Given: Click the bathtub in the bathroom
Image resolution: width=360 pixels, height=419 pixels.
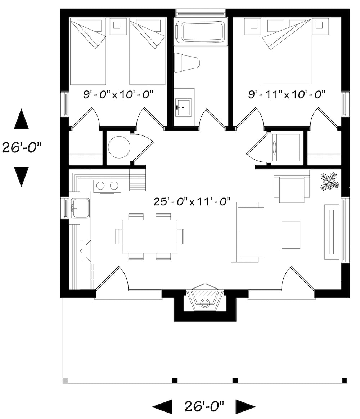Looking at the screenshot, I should pos(201,32).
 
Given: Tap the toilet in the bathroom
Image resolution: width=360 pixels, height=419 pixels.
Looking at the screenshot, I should pos(186,63).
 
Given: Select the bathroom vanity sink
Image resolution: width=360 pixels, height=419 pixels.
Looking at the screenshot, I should pos(183,107).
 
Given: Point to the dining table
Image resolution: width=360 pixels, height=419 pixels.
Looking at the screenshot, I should pos(149,236).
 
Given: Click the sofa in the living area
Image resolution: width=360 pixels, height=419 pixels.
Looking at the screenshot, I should pos(248,232).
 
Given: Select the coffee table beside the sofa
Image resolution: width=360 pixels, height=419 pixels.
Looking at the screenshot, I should pos(291,235).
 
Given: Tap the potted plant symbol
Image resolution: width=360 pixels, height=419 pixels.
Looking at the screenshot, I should pos(329,181).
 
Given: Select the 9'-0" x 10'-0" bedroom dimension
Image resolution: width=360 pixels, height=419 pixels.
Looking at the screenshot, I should pos(118,95).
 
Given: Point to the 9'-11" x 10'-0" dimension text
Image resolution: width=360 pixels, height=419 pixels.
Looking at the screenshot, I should pos(287,95).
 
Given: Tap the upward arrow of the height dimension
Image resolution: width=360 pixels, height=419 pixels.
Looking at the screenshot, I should pos(21,120).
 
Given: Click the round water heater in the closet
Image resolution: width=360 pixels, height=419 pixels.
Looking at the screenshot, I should pos(119,147).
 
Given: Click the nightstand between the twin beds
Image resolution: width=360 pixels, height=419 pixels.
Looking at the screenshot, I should pos(117,25).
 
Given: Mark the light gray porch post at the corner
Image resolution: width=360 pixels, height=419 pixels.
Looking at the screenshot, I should pos(65,380).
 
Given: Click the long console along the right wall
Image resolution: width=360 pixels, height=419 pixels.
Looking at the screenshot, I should pos(332,232).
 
